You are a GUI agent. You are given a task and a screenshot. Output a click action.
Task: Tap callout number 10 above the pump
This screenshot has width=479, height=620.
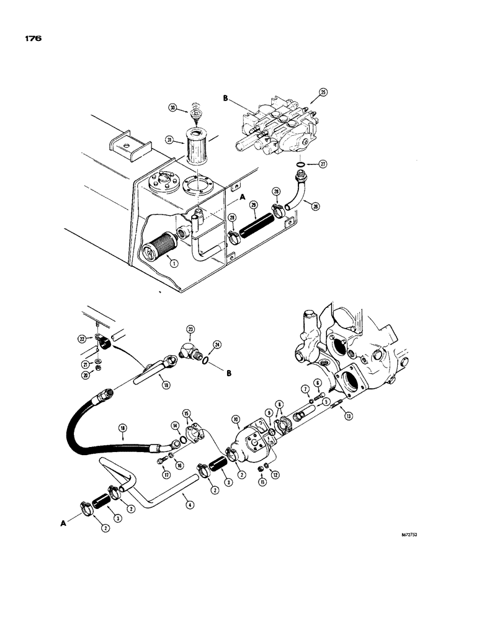point(236,419)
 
